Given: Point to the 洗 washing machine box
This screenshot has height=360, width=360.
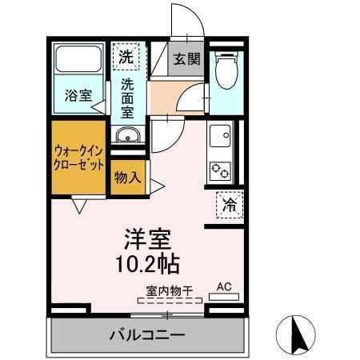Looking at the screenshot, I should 126,56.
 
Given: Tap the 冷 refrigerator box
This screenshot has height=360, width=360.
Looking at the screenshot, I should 230,205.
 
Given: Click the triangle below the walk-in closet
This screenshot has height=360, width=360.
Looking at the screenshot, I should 79,206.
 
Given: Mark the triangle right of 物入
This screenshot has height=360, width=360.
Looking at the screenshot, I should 158,186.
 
